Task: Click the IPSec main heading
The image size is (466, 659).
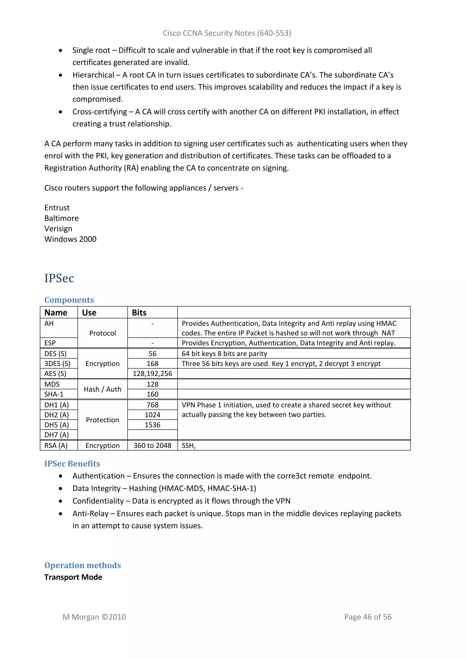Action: [x=59, y=278]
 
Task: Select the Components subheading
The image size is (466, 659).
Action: [x=69, y=300]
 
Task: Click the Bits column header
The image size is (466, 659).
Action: [x=139, y=313]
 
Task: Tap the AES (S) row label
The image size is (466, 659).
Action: [x=55, y=373]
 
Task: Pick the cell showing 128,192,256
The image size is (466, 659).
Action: [x=152, y=373]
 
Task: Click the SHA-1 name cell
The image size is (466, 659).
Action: [x=54, y=394]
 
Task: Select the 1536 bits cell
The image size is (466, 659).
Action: [x=152, y=425]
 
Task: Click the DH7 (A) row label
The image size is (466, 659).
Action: [x=56, y=435]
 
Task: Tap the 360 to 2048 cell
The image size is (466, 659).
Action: [x=152, y=446]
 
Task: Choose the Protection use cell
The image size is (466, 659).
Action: [x=102, y=420]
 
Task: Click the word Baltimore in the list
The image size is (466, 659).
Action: [x=61, y=218]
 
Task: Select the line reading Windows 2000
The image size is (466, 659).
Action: [x=70, y=239]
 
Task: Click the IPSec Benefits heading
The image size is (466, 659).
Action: [x=72, y=464]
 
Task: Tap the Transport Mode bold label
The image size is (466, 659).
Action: [x=73, y=577]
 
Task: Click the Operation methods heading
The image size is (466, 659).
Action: [x=83, y=565]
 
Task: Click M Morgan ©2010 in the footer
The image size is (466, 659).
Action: [x=94, y=617]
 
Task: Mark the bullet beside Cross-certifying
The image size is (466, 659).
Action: [x=61, y=112]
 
